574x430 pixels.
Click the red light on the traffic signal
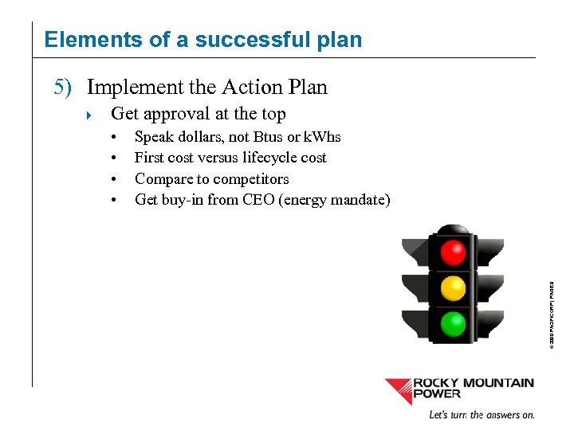tap(453, 252)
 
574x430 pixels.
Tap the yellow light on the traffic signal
tap(453, 287)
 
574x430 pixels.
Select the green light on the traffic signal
tap(453, 322)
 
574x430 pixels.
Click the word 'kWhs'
tap(322, 137)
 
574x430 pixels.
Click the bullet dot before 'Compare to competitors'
tap(116, 179)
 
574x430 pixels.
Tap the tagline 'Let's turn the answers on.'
tap(482, 415)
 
